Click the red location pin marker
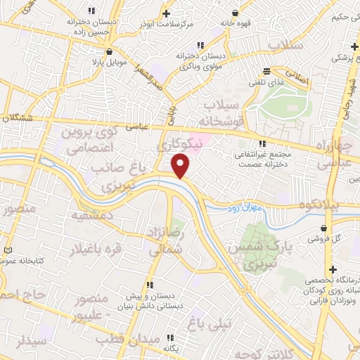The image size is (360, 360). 181,165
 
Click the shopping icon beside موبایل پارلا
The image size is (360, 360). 109,51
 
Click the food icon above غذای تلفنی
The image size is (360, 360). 266,71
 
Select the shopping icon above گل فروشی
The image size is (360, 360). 323,228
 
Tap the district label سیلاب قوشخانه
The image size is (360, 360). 221,112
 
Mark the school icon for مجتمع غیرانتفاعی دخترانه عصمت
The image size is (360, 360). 264,143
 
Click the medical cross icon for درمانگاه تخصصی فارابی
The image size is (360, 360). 331,269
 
